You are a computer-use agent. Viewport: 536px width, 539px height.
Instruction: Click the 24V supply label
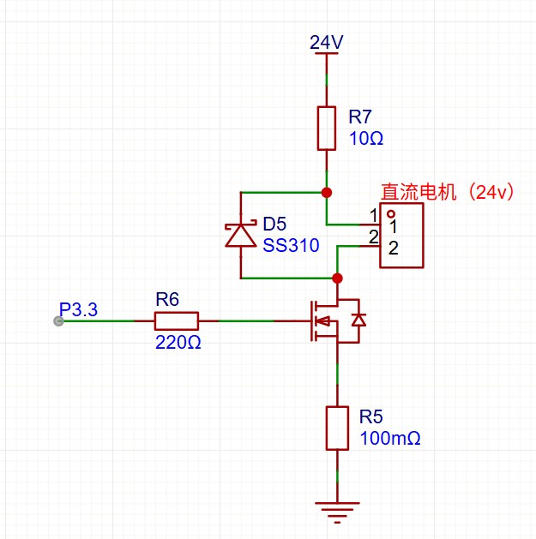pyautogui.click(x=326, y=42)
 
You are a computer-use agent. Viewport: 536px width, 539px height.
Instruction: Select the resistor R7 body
pyautogui.click(x=326, y=128)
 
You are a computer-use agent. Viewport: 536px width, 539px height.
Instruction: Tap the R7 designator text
pyautogui.click(x=360, y=117)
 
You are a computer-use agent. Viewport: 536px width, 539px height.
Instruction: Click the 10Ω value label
pyautogui.click(x=366, y=137)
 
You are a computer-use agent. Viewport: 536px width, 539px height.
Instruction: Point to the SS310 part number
pyautogui.click(x=291, y=246)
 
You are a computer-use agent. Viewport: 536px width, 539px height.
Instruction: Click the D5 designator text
pyautogui.click(x=274, y=225)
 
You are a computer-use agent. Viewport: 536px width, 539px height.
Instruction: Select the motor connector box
pyautogui.click(x=401, y=236)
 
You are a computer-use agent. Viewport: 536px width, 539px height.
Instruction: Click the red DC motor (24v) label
pyautogui.click(x=447, y=193)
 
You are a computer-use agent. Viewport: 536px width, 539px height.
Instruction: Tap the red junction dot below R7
pyautogui.click(x=326, y=192)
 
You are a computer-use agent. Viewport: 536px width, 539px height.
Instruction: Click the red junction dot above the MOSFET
pyautogui.click(x=337, y=278)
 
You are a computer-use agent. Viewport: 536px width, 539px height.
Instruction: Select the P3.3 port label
pyautogui.click(x=79, y=309)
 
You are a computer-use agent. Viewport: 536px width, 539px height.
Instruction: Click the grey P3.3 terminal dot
pyautogui.click(x=57, y=321)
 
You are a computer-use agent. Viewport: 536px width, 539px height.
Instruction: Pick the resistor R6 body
pyautogui.click(x=177, y=321)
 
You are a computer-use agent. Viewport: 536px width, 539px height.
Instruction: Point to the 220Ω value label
pyautogui.click(x=177, y=342)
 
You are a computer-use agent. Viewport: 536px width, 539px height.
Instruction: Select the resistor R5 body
pyautogui.click(x=337, y=428)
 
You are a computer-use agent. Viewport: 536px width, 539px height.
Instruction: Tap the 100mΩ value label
pyautogui.click(x=389, y=438)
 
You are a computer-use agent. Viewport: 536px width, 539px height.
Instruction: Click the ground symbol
pyautogui.click(x=337, y=512)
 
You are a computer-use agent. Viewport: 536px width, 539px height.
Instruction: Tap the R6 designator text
pyautogui.click(x=167, y=299)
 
